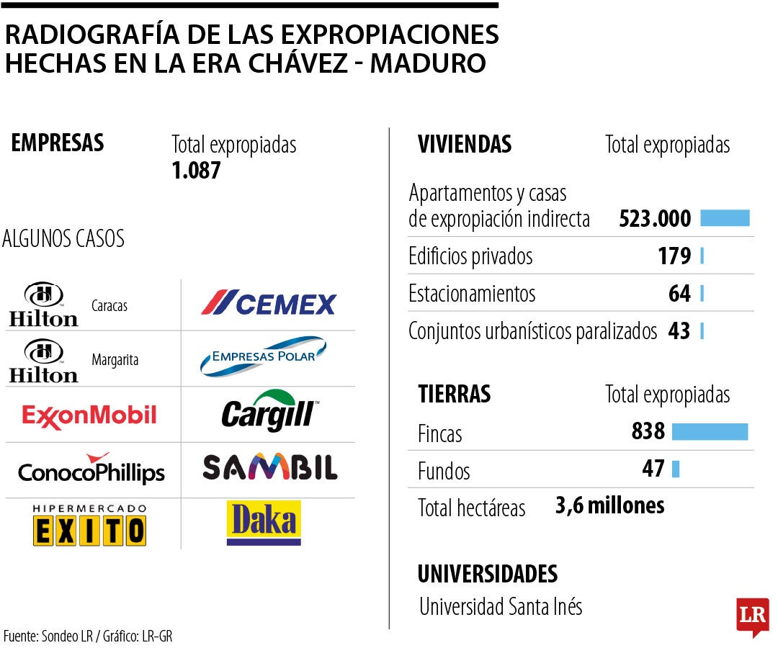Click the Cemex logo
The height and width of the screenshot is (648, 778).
269,303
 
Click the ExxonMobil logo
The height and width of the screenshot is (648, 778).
89,415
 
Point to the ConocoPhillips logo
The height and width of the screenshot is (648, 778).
91,469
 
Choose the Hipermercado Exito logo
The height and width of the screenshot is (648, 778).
89,526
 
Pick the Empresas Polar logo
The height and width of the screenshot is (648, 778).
263,357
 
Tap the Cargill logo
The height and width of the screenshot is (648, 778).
267,413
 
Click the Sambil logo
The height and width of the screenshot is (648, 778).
269,468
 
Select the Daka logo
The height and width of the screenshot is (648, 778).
264,523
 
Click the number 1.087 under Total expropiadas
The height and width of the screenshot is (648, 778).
196,171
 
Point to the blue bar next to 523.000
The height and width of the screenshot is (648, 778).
725,218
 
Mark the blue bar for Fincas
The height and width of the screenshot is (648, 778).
710,431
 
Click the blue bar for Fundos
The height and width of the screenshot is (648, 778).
675,469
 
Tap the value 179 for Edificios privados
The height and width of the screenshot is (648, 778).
674,256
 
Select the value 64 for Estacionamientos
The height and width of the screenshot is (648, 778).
679,294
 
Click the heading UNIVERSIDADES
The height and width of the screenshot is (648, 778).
488,574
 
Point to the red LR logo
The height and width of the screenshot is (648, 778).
752,616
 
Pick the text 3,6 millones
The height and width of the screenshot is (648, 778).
609,505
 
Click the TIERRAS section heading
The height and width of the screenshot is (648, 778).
455,394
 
